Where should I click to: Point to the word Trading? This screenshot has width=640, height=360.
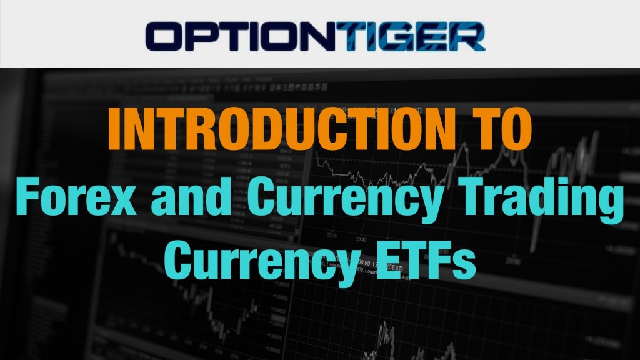tap(539, 201)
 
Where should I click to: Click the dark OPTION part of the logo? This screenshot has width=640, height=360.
tap(241, 37)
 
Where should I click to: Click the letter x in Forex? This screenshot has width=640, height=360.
tap(122, 201)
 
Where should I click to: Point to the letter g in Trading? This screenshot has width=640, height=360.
tap(609, 206)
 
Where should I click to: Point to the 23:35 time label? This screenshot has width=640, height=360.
tap(332, 236)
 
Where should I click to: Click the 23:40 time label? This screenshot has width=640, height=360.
tap(361, 239)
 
